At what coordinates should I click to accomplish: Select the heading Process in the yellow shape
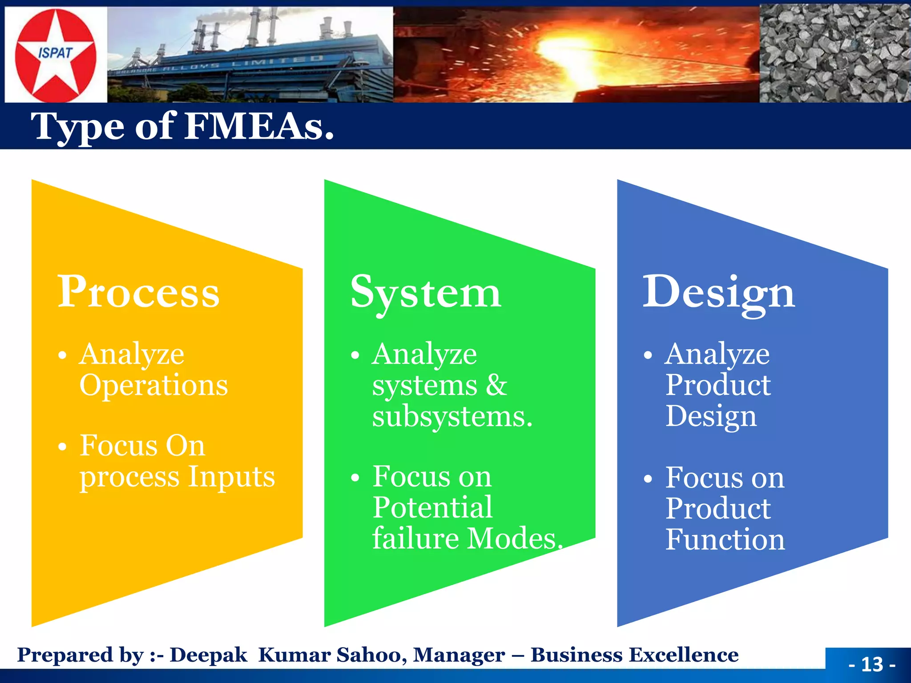click(138, 292)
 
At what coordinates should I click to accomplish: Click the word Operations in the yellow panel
click(153, 385)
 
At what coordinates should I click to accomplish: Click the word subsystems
click(451, 417)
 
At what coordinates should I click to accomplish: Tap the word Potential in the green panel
click(432, 507)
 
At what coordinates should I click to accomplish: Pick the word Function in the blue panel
click(725, 539)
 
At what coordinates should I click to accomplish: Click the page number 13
click(872, 664)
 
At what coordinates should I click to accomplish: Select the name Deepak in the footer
click(208, 655)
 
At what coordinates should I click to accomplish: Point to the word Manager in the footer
click(459, 655)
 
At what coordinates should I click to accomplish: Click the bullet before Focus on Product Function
click(648, 478)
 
